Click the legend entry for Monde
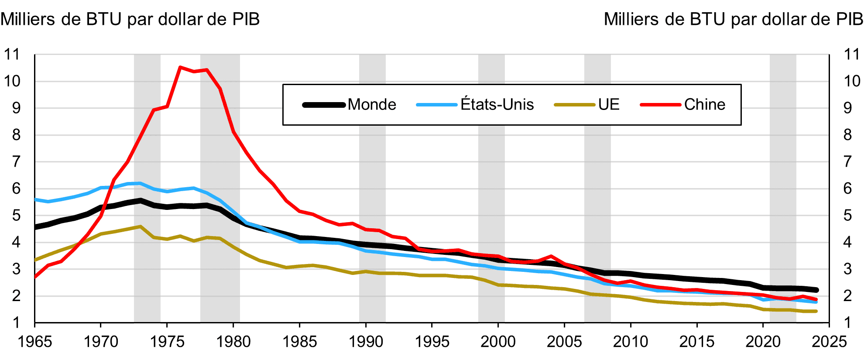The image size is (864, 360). tap(371, 105)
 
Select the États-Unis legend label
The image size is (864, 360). tap(497, 105)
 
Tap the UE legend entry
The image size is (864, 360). tap(609, 105)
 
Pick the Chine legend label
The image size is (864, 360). tap(704, 105)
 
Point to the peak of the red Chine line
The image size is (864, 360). tap(180, 67)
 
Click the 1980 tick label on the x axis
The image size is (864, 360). tap(233, 342)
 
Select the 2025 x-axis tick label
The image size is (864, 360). tap(829, 342)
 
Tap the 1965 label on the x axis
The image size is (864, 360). tap(35, 342)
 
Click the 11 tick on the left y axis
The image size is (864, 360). tap(12, 55)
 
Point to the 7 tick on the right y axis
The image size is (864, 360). tap(847, 162)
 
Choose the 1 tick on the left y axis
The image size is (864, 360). tap(16, 323)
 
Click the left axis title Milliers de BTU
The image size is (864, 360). tap(130, 20)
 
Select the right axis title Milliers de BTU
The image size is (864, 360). tap(733, 20)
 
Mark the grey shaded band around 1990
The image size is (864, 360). tap(372, 188)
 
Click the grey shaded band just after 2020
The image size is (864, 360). tap(783, 188)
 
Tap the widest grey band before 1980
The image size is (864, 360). tap(220, 188)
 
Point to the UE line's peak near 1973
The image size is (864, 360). tap(140, 226)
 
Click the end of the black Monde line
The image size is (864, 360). tap(816, 290)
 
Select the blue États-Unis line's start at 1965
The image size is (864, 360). tap(35, 199)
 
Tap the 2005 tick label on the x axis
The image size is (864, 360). tap(564, 342)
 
